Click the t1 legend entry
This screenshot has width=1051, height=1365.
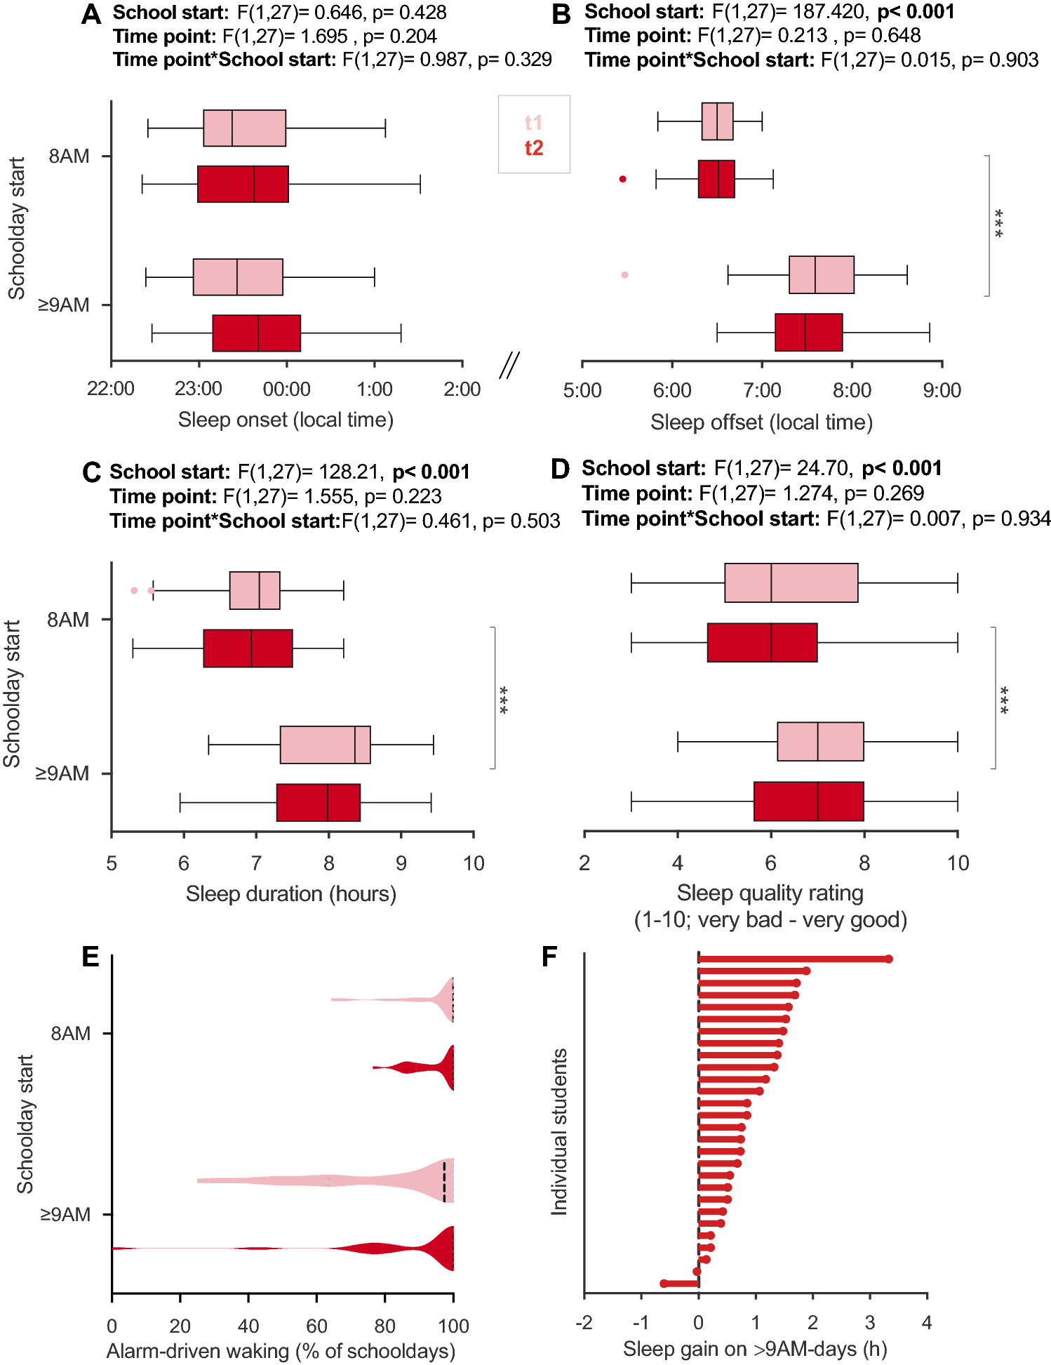[x=533, y=123]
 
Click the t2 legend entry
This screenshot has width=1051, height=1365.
[x=533, y=148]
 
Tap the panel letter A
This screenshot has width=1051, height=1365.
[x=91, y=15]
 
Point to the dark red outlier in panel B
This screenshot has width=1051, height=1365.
[x=622, y=179]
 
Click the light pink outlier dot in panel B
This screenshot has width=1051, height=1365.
[x=624, y=274]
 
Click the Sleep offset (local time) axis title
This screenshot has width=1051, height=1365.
[x=761, y=422]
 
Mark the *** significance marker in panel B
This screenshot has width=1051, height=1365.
[x=999, y=223]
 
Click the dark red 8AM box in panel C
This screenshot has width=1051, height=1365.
[x=248, y=648]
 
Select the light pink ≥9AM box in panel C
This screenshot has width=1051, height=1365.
[x=325, y=745]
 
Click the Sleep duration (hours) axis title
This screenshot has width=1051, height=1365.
[x=291, y=894]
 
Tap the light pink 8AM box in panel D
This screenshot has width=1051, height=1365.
[x=791, y=582]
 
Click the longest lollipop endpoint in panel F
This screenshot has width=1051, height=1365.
[x=888, y=959]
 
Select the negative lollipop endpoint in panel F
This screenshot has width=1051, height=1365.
[x=664, y=1284]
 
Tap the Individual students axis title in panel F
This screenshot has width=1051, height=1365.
[x=559, y=1131]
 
